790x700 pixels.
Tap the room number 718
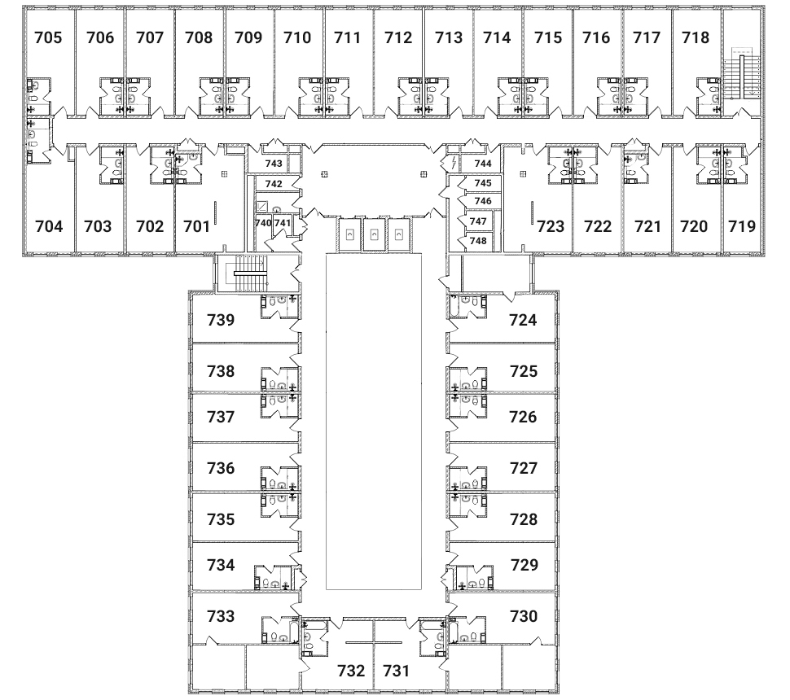tap(696, 37)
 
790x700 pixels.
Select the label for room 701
tap(196, 226)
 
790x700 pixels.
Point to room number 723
tap(551, 226)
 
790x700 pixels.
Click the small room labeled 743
tap(274, 164)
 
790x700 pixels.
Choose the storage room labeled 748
tap(478, 241)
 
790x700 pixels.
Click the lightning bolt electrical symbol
tap(453, 164)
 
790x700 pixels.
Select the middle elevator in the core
tap(373, 234)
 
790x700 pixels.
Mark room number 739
tap(221, 320)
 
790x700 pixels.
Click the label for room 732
tap(351, 672)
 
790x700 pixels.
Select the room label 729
tap(524, 564)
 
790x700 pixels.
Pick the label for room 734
tap(221, 564)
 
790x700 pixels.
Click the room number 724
tap(524, 320)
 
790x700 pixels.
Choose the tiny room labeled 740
tap(262, 223)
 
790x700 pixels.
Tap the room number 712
tap(398, 37)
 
